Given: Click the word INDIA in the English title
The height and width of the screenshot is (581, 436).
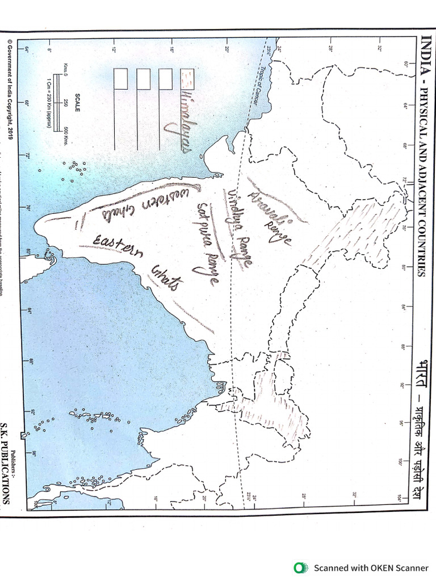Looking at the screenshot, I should point(423,51).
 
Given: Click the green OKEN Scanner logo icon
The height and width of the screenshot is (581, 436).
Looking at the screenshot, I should point(299,567).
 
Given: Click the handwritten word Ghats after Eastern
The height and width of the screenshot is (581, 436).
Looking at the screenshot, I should point(166,276).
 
